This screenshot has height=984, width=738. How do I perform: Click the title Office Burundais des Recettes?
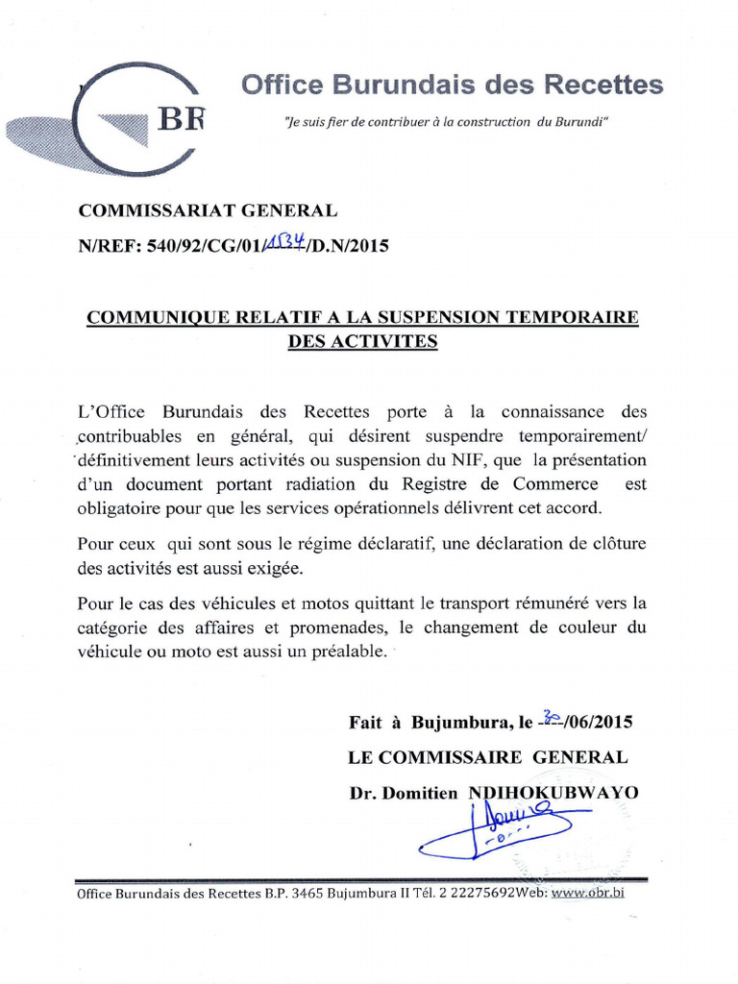point(452,85)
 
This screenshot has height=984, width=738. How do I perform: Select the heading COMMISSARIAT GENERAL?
point(208,210)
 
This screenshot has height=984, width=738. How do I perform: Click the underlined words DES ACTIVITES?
point(363,341)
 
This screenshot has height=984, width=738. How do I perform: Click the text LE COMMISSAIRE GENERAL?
point(488,757)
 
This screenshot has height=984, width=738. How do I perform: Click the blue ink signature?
point(500,831)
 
